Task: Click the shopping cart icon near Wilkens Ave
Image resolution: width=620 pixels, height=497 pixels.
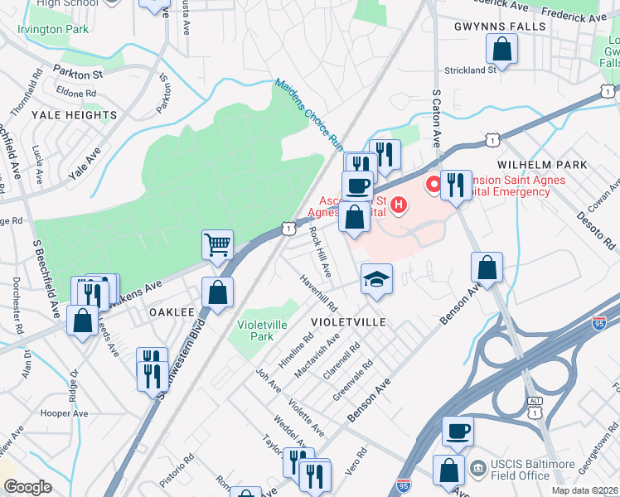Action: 217,244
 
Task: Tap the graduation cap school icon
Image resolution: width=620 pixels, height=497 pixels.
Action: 376,277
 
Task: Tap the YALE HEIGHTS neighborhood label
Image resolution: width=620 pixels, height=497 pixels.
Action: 74,115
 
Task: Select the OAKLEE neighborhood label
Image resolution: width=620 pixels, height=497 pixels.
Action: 172,312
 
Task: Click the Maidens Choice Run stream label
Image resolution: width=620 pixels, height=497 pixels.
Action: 309,113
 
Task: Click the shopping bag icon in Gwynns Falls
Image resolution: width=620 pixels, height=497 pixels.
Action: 502,51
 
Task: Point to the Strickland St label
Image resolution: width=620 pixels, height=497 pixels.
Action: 470,70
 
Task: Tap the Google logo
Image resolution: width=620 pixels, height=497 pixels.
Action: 27,487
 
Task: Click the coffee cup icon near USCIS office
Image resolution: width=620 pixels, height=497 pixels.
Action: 458,431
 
